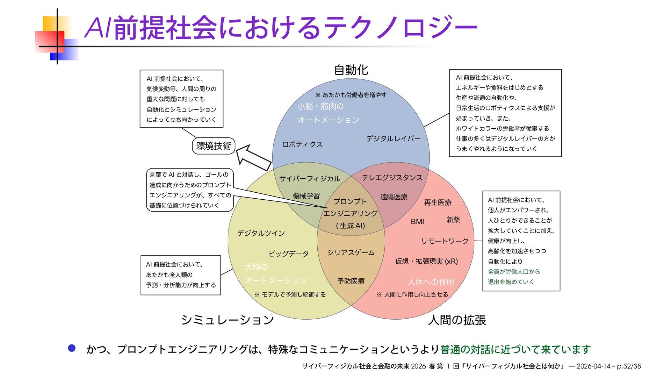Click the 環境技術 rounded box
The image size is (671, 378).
point(214,146)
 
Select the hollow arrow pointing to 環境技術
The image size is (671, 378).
point(253,157)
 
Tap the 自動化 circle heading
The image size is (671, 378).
point(351,70)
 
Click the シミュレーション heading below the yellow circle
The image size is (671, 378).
point(227,320)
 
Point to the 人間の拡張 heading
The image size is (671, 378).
point(457,320)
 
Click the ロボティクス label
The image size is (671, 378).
point(302,144)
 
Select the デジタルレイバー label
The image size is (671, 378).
point(393,138)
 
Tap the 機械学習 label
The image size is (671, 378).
point(306,196)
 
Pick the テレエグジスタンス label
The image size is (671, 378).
point(392,178)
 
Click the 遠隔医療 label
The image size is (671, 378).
point(394,197)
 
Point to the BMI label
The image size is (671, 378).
point(417,222)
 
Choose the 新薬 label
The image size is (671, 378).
point(453,220)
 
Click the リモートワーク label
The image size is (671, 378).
point(445,241)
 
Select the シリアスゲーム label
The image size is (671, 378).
point(351,252)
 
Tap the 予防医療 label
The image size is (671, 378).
point(351,281)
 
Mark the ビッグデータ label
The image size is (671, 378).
point(288,254)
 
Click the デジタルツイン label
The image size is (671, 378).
point(261,233)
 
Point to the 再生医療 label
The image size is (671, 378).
point(438,202)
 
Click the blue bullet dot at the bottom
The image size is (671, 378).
point(72,348)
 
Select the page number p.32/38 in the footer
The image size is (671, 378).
point(629,366)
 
